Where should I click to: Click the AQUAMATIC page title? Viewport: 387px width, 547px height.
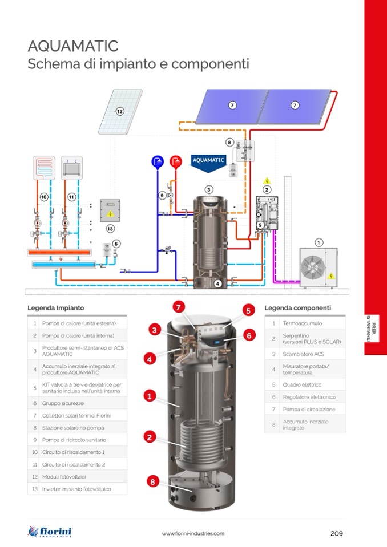[x=73, y=46]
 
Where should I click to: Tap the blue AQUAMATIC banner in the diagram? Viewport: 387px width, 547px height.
[x=208, y=160]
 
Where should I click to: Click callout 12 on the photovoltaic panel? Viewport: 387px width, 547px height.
[x=120, y=111]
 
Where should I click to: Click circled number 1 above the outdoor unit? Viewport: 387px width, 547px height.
[x=319, y=241]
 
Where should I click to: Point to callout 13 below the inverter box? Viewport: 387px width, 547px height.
[x=110, y=228]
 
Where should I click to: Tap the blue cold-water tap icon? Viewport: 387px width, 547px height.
[x=158, y=161]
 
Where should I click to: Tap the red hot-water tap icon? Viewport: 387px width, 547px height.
[x=176, y=161]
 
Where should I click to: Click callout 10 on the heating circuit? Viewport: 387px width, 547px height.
[x=43, y=197]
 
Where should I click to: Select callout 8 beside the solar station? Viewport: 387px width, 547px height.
[x=229, y=142]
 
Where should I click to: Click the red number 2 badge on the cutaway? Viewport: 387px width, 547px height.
[x=149, y=437]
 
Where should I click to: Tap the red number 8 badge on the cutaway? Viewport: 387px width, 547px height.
[x=152, y=482]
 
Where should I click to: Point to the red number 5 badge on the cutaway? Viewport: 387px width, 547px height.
[x=248, y=311]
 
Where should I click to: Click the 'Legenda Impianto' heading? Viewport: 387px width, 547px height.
[x=55, y=308]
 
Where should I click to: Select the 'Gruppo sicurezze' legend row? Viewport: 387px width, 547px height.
[x=63, y=403]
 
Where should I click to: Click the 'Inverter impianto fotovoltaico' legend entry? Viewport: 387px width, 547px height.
[x=76, y=489]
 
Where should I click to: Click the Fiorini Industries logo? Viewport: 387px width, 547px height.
[x=50, y=533]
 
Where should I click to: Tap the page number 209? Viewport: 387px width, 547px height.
[x=336, y=533]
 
